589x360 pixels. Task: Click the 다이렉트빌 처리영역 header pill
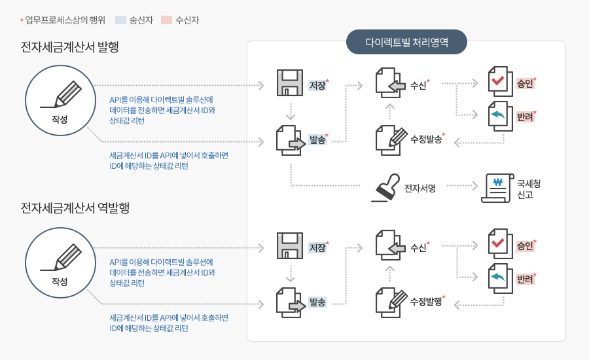click(406, 42)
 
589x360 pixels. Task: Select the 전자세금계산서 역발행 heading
click(75, 208)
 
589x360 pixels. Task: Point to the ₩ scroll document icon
click(497, 187)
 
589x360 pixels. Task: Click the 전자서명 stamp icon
click(385, 189)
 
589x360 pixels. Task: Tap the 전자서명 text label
click(420, 189)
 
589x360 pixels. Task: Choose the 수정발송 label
click(425, 139)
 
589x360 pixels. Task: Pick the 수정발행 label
click(425, 302)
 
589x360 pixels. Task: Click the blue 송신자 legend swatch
click(120, 20)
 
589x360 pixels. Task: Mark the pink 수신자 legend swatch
click(166, 20)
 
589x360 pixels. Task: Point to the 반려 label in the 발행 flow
click(524, 117)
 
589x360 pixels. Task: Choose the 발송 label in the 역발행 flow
click(318, 302)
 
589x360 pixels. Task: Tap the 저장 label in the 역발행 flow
click(317, 247)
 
